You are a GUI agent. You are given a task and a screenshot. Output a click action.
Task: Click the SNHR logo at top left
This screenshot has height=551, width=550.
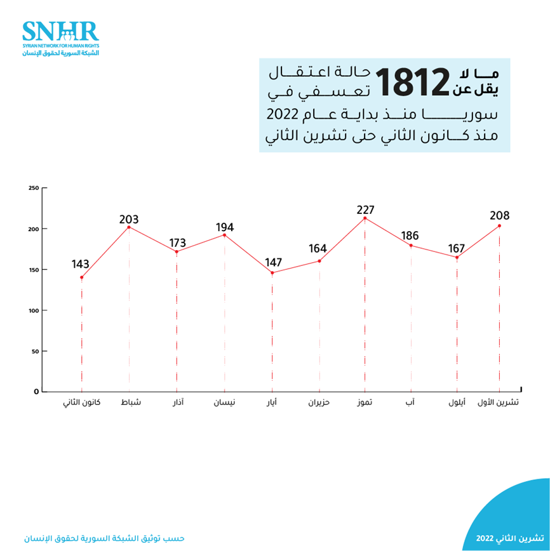pyautogui.click(x=60, y=37)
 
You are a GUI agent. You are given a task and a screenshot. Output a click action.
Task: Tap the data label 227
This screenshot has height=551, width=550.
pyautogui.click(x=365, y=209)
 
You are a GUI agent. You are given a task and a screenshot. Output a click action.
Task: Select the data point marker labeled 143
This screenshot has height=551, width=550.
pyautogui.click(x=81, y=277)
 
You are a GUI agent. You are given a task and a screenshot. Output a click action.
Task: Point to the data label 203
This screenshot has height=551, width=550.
pyautogui.click(x=129, y=220)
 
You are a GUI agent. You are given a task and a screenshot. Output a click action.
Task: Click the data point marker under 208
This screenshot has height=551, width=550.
pyautogui.click(x=499, y=226)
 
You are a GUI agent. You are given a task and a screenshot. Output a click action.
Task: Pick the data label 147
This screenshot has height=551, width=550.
pyautogui.click(x=272, y=262)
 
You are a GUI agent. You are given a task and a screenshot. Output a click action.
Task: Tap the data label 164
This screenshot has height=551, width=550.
pyautogui.click(x=319, y=248)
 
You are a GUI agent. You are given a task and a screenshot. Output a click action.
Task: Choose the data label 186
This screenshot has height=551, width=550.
pyautogui.click(x=410, y=236)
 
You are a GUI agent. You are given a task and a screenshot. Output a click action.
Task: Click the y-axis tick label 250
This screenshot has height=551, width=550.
pyautogui.click(x=34, y=188)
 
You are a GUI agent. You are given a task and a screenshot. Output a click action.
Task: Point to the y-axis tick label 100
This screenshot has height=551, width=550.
pyautogui.click(x=34, y=310)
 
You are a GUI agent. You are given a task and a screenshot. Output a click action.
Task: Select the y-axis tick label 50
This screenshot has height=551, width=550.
pyautogui.click(x=36, y=351)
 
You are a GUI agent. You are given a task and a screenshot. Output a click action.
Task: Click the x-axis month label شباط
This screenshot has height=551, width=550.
pyautogui.click(x=130, y=403)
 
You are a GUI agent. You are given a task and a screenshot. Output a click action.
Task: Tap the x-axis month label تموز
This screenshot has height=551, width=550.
pyautogui.click(x=365, y=403)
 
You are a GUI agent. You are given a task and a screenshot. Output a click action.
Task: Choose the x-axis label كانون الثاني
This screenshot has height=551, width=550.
pyautogui.click(x=81, y=403)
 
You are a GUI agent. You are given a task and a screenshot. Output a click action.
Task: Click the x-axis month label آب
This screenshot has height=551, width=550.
pyautogui.click(x=410, y=403)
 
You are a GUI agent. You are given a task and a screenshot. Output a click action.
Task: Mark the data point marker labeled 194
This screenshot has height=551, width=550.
pyautogui.click(x=224, y=235)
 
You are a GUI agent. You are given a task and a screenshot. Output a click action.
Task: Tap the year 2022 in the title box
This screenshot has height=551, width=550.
pyautogui.click(x=279, y=116)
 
